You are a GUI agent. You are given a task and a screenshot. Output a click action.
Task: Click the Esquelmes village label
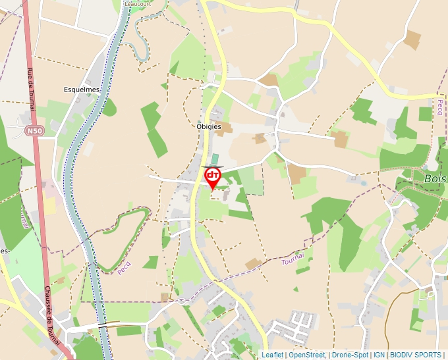point(81,90)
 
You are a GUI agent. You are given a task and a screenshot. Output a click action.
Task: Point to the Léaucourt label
point(137,3)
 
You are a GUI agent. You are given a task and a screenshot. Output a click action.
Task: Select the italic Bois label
point(435,178)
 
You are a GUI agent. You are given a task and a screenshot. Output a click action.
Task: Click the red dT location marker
point(213,176)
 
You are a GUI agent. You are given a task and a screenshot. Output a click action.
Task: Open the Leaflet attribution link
point(272,355)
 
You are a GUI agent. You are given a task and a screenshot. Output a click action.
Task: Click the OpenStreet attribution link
point(307,355)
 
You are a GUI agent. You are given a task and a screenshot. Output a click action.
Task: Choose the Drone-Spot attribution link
point(350,355)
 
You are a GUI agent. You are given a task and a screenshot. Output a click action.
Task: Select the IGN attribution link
point(379,355)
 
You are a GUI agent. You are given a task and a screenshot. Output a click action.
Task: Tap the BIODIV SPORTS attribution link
point(416,355)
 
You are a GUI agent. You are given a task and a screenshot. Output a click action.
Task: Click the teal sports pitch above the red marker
point(215,159)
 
